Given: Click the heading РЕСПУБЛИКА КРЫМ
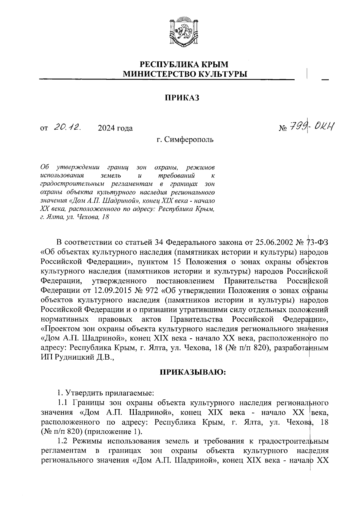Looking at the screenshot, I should click(184, 64).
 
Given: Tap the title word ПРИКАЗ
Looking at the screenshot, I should click(181, 98).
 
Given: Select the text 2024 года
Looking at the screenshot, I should click(115, 128).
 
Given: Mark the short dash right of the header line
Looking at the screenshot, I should click(325, 80).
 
